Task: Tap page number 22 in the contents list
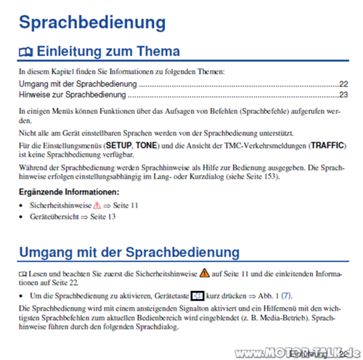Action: coord(343,85)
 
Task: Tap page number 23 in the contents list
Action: coord(343,95)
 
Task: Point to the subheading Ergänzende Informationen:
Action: coord(68,192)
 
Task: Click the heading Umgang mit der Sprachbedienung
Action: coord(129,252)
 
